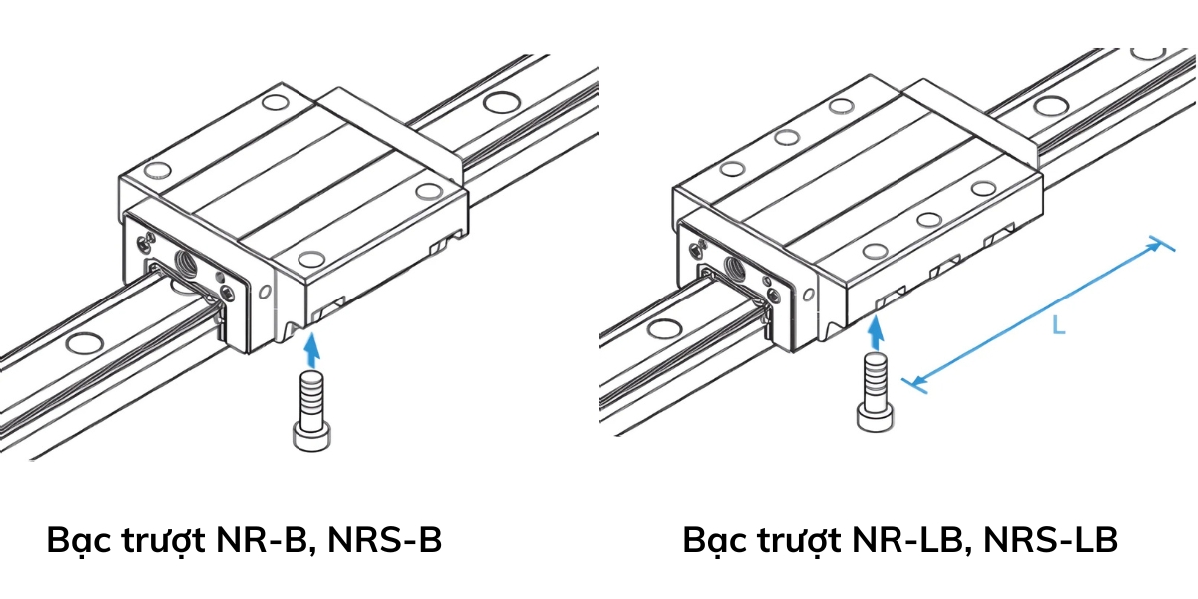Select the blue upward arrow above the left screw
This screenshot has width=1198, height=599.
(x=312, y=349)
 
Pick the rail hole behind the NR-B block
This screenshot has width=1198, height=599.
(x=501, y=102)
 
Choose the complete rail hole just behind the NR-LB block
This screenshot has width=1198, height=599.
(x=1050, y=106)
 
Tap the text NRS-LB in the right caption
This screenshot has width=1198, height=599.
(x=1050, y=540)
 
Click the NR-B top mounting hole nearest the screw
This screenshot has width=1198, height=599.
(x=312, y=261)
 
